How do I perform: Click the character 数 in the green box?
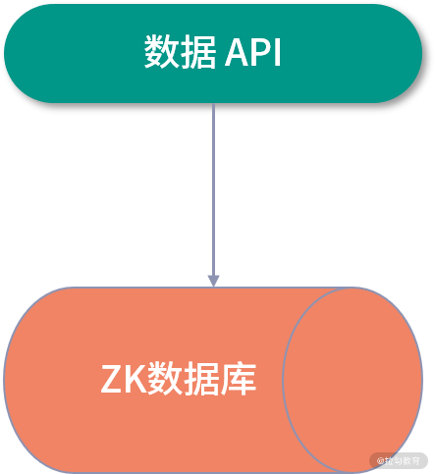(162, 53)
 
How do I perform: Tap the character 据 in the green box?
(198, 53)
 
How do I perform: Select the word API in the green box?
(253, 54)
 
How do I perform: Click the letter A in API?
(236, 54)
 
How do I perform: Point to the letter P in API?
(258, 54)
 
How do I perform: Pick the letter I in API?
(276, 54)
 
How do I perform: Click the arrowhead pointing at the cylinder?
(213, 280)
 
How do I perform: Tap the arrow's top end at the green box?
(213, 105)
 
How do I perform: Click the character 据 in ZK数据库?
(201, 379)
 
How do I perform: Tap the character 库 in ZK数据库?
(239, 379)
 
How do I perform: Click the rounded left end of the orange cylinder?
(25, 379)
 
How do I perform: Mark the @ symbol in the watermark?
(381, 459)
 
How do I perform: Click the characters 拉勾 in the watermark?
(396, 459)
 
